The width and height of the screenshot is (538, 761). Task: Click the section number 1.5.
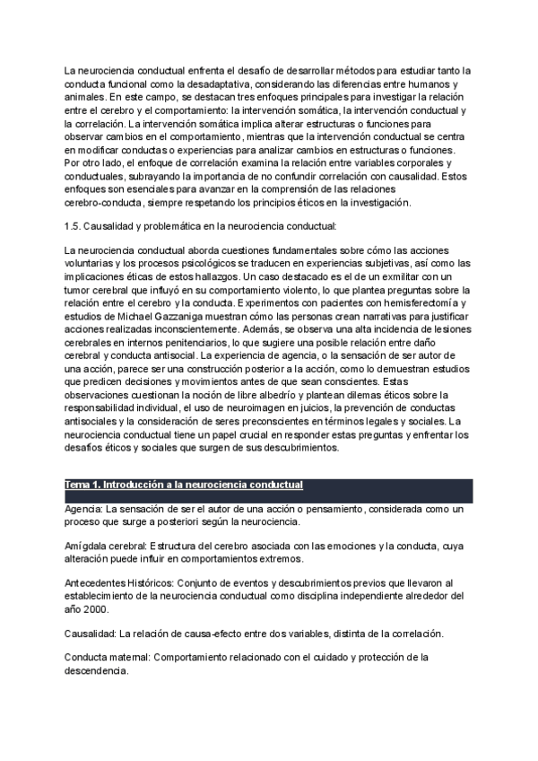73,226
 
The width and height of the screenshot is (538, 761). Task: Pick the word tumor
80,291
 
